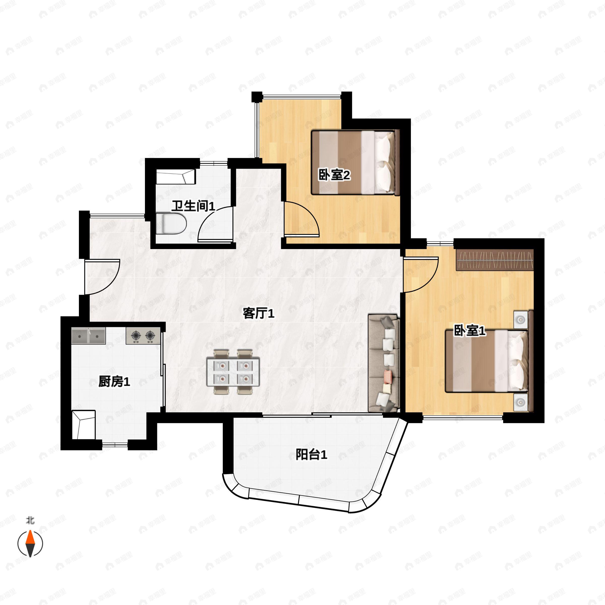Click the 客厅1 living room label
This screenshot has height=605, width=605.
[258, 313]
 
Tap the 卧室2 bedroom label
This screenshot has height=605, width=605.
[334, 175]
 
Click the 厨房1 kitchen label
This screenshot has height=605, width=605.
[114, 382]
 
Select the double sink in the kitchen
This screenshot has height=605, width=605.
[88, 336]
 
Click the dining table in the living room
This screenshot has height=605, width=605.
[233, 372]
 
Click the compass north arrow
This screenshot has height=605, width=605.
[30, 543]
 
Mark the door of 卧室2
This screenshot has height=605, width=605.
[301, 219]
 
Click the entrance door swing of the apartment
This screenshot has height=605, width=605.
[102, 277]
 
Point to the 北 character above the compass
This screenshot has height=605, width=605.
[30, 521]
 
